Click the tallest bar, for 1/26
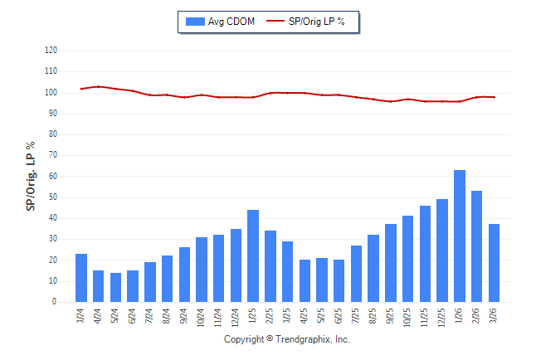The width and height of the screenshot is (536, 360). point(459,236)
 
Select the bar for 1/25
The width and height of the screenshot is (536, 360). point(253,256)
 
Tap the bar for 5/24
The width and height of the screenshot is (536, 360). point(115,288)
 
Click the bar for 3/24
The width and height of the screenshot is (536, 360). point(81,278)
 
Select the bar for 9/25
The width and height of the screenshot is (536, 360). point(390,263)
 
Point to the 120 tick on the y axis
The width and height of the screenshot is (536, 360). point(51,51)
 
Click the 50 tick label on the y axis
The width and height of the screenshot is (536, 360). point(52,197)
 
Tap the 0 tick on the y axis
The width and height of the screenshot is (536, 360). point(55,302)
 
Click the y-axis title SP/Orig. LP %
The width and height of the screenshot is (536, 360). point(31,176)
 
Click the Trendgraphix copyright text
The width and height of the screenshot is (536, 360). point(287,339)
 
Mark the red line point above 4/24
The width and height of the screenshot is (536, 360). point(99,86)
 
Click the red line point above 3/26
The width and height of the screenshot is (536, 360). point(494,97)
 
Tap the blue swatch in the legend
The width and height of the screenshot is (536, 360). point(195,21)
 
